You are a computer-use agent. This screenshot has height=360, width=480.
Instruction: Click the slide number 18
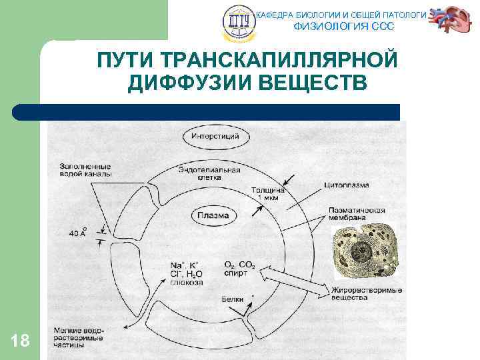[21, 341]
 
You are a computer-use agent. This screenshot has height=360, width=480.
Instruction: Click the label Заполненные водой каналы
[85, 170]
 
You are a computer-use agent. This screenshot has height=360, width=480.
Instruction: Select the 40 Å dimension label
[79, 233]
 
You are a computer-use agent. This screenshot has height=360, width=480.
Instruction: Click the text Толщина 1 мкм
[267, 195]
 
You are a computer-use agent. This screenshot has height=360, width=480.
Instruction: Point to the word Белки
[233, 299]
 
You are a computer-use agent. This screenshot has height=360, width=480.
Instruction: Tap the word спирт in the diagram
[236, 273]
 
